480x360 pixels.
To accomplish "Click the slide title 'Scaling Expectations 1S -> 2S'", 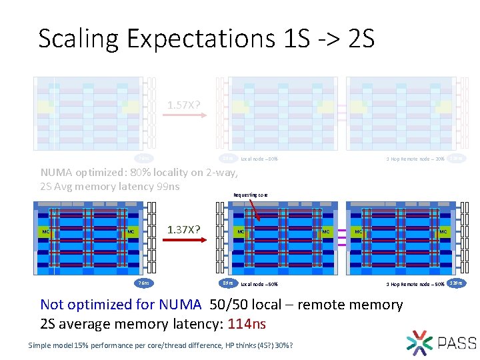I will pyautogui.click(x=207, y=39).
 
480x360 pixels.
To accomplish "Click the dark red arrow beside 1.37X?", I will pyautogui.click(x=183, y=245).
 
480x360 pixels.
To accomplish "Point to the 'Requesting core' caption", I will pyautogui.click(x=251, y=195).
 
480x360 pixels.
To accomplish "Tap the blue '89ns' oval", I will pyautogui.click(x=228, y=283).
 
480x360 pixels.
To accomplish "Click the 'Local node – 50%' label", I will pyautogui.click(x=259, y=284).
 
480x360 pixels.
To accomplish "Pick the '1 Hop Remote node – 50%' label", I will pyautogui.click(x=415, y=284).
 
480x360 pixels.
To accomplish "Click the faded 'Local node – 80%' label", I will pyautogui.click(x=259, y=159).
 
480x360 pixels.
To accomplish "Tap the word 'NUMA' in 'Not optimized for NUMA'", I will pyautogui.click(x=179, y=305).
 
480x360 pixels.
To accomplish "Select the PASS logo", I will pyautogui.click(x=440, y=342).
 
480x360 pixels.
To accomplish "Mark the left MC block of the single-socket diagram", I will pyautogui.click(x=45, y=232).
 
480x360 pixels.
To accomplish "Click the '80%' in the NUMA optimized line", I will pyautogui.click(x=138, y=173).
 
